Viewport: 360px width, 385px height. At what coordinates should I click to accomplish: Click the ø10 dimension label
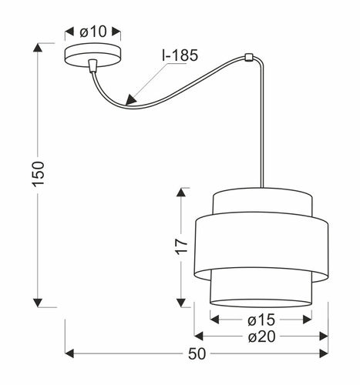92,32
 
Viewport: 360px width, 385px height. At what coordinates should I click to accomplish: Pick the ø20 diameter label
261,336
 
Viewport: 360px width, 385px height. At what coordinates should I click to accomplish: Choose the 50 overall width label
197,354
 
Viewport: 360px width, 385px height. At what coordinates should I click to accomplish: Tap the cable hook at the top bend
247,57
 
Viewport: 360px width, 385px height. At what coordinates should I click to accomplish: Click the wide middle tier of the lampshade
261,244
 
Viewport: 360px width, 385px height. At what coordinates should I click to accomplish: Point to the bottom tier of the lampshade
261,286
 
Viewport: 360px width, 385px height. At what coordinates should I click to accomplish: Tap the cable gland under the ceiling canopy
93,67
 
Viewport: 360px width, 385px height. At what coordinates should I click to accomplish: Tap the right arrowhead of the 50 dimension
326,353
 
